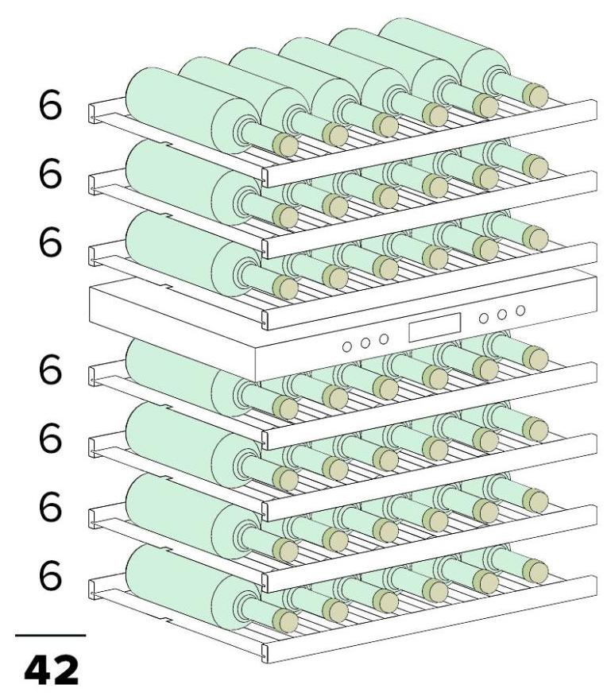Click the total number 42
(52, 670)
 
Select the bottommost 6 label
(50, 575)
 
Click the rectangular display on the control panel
(435, 327)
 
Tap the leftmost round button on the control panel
(347, 346)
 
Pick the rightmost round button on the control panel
(520, 311)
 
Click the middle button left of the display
(365, 342)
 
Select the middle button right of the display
(502, 315)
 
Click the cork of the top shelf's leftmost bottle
(285, 145)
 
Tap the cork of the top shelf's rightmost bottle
(535, 96)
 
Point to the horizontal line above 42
(51, 636)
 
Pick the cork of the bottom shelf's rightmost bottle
(535, 571)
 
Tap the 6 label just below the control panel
(50, 369)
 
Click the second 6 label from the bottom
(50, 507)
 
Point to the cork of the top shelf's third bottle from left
(385, 126)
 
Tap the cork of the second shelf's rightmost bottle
(535, 167)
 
